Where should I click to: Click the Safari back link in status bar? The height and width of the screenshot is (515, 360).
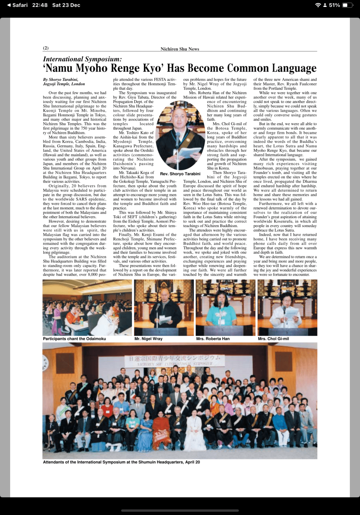click(17, 5)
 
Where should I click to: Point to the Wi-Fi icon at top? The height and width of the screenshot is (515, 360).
click(317, 5)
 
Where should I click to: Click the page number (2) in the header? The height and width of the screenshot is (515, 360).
click(46, 48)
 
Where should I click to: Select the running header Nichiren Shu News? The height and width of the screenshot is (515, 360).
click(180, 49)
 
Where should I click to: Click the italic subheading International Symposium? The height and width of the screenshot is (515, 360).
click(82, 59)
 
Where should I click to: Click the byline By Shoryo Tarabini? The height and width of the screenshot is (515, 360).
click(61, 80)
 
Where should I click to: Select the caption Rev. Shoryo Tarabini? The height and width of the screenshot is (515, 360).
click(180, 174)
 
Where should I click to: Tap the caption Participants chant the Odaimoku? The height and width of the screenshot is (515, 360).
click(74, 339)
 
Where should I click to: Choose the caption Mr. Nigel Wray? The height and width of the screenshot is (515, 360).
click(148, 339)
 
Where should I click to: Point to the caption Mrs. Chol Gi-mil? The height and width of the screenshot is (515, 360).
click(273, 339)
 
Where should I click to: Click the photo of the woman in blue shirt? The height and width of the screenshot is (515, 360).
click(225, 308)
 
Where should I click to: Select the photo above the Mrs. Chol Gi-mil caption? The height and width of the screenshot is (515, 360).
click(287, 308)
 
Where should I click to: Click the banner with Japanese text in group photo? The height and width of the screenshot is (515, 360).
click(175, 360)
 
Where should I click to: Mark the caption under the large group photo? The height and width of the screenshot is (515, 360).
click(121, 462)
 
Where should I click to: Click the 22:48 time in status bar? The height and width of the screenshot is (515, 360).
click(40, 5)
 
